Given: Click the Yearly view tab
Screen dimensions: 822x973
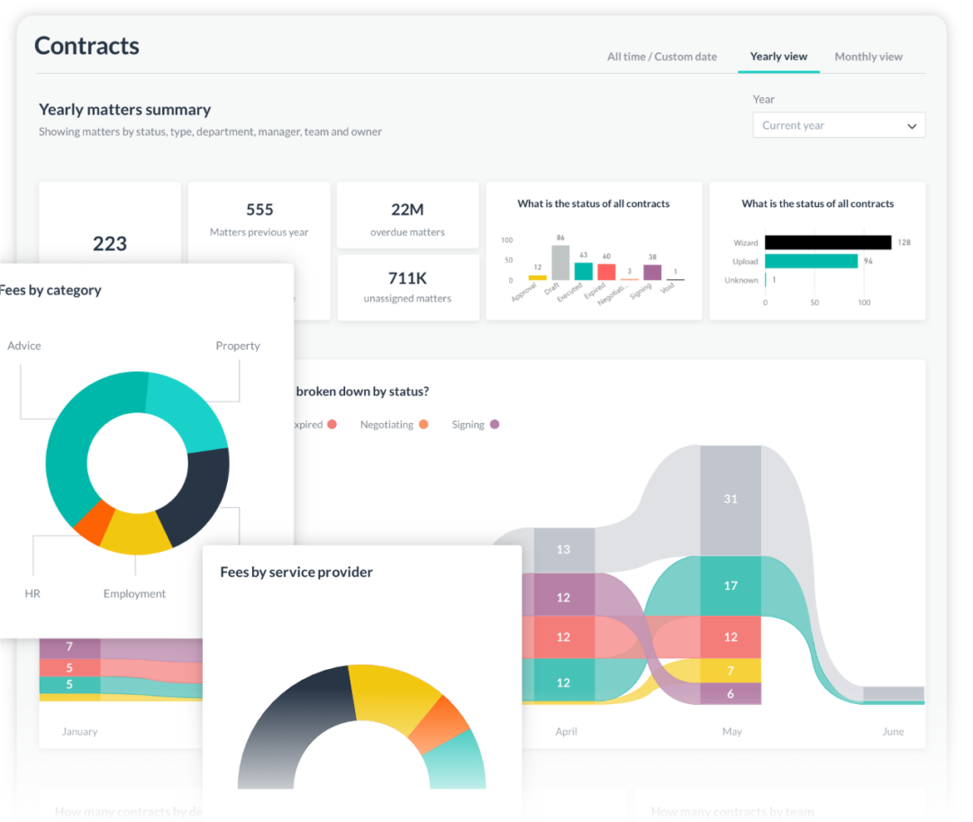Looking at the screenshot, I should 778,57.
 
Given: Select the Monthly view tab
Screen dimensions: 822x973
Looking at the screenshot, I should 868,57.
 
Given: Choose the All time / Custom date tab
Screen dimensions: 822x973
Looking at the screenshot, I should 661,57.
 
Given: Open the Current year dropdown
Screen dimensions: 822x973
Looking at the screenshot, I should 838,126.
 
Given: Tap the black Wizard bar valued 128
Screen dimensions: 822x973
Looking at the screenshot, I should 827,242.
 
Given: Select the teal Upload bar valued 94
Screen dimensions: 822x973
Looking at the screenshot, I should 811,261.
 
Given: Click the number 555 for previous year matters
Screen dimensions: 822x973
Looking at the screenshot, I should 259,210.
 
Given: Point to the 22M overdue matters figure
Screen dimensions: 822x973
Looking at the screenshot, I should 407,210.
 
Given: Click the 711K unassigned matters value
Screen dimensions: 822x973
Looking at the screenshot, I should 407,277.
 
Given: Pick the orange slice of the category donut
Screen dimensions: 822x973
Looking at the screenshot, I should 95,522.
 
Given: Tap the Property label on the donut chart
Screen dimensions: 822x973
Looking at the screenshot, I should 238,346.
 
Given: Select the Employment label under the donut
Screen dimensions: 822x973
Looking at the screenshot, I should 134,594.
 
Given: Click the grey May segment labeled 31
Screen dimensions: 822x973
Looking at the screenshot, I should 730,499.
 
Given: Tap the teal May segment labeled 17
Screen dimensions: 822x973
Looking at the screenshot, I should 730,586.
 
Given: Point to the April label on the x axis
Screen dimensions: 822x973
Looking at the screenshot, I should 566,732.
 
